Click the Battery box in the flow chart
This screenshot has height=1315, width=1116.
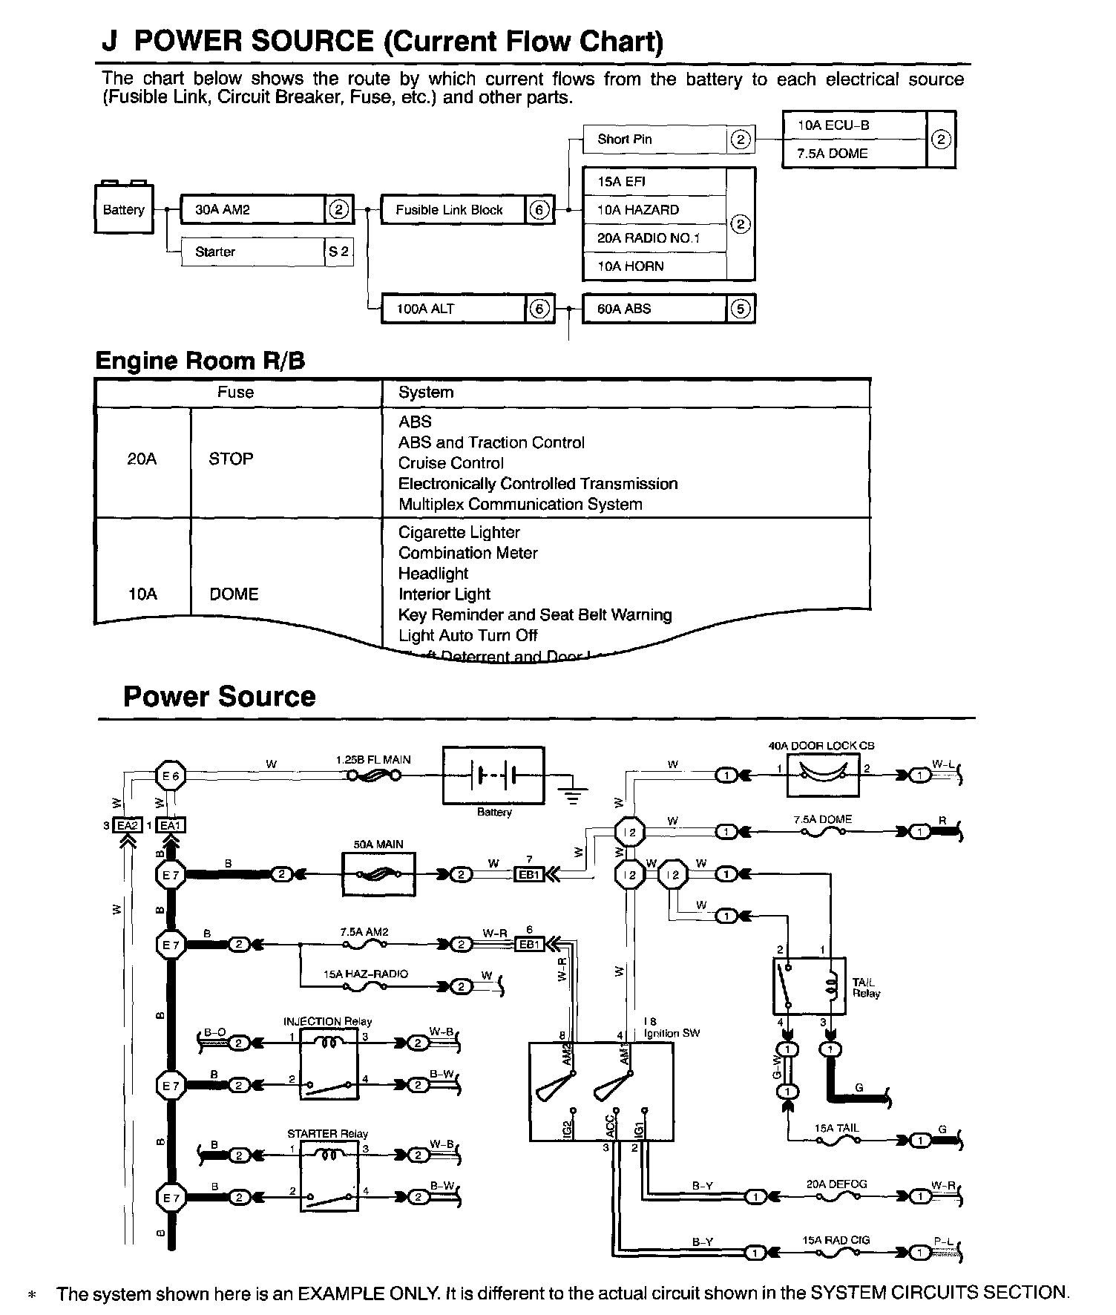(x=124, y=210)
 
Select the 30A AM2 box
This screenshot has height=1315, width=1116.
(x=252, y=210)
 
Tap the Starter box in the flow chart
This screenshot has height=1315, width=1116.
(x=252, y=252)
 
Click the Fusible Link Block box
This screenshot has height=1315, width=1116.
(x=453, y=210)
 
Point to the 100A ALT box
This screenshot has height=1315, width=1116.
(x=453, y=309)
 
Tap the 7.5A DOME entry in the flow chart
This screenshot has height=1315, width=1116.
(x=853, y=154)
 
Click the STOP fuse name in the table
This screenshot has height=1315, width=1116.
(x=231, y=459)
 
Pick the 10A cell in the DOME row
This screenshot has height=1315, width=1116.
(x=142, y=594)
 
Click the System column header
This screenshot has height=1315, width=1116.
(x=426, y=393)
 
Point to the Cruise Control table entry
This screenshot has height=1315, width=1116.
(x=450, y=463)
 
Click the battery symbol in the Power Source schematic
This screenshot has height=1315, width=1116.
(x=493, y=775)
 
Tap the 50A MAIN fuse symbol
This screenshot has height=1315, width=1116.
(x=379, y=874)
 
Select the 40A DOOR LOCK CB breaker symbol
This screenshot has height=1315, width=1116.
(x=822, y=776)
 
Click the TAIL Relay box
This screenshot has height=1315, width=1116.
(x=809, y=986)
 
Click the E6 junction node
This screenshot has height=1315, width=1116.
(x=171, y=776)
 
